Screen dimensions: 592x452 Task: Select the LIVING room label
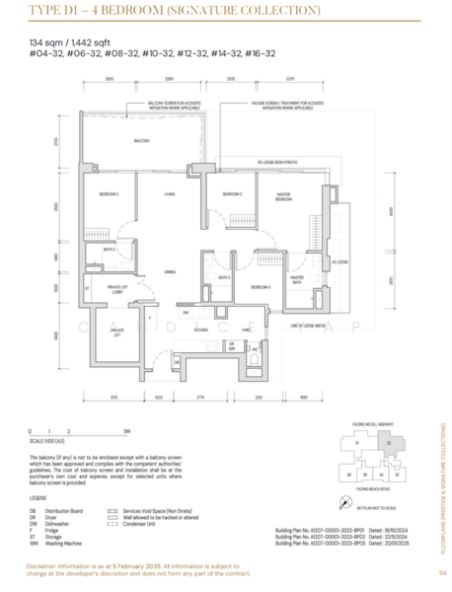click(x=169, y=193)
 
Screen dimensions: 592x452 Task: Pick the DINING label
click(x=170, y=271)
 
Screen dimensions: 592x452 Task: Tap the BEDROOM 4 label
click(x=261, y=286)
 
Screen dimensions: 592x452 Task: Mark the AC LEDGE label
click(x=339, y=262)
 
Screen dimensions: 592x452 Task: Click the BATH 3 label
click(x=225, y=279)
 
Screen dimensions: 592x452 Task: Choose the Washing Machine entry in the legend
click(x=60, y=542)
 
